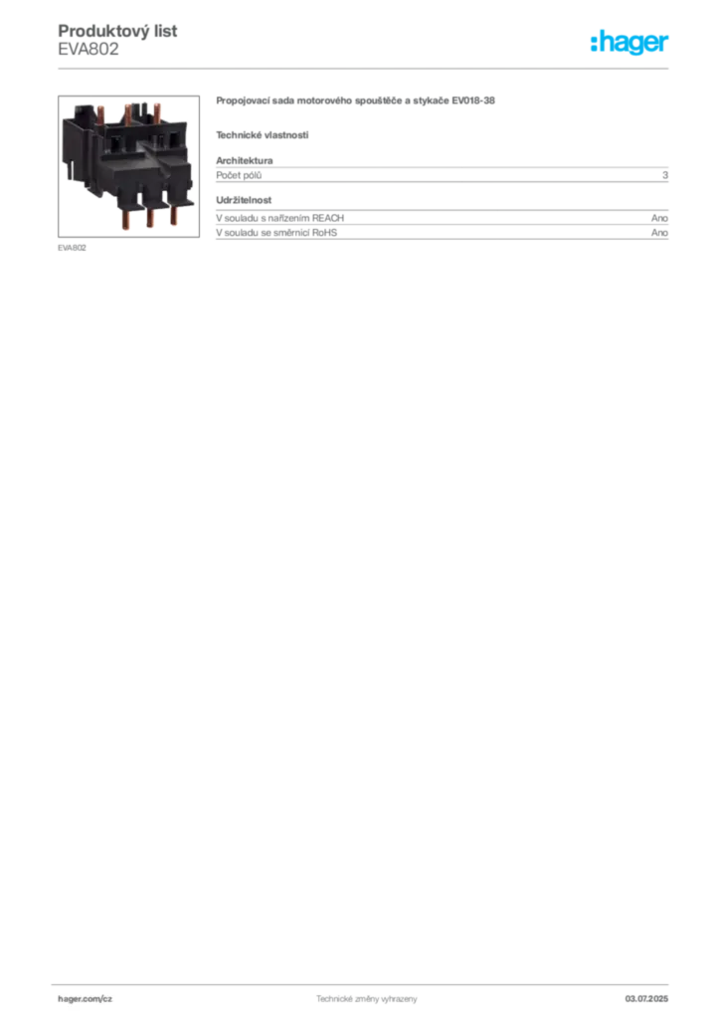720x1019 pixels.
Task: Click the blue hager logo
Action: tap(630, 43)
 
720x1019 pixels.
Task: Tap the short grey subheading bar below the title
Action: tap(263, 134)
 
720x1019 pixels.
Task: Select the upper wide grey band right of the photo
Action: tap(442, 176)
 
